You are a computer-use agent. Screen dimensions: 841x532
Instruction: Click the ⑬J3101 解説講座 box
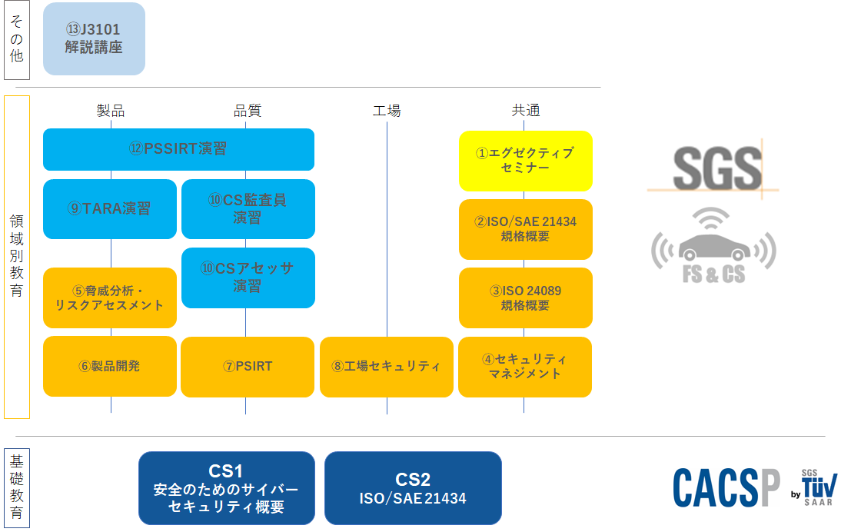pyautogui.click(x=94, y=38)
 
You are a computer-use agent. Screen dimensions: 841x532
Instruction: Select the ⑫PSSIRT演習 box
pyautogui.click(x=178, y=149)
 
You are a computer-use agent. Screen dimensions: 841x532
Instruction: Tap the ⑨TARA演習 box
pyautogui.click(x=110, y=208)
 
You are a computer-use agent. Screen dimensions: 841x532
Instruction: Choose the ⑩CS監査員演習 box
pyautogui.click(x=248, y=208)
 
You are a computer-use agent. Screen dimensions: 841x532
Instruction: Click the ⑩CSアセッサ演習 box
pyautogui.click(x=248, y=278)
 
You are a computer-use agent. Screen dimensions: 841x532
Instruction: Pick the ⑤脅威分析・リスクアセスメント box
pyautogui.click(x=110, y=298)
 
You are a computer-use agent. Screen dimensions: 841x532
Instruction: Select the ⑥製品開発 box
pyautogui.click(x=110, y=366)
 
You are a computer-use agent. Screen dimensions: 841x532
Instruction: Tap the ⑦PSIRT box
pyautogui.click(x=248, y=367)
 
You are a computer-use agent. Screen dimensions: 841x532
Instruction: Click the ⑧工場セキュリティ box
pyautogui.click(x=387, y=367)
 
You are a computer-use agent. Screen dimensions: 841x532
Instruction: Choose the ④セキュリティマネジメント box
pyautogui.click(x=525, y=367)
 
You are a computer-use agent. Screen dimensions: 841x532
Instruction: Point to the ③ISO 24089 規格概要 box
pyautogui.click(x=526, y=298)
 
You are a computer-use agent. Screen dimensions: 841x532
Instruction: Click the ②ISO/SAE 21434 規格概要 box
pyautogui.click(x=526, y=230)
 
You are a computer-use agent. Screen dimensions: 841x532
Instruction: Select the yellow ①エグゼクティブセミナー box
pyautogui.click(x=526, y=161)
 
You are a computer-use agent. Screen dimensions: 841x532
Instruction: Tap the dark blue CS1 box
pyautogui.click(x=227, y=488)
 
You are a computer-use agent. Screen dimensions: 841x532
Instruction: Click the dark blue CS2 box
pyautogui.click(x=413, y=488)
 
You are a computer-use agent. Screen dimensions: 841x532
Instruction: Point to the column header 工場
pyautogui.click(x=387, y=111)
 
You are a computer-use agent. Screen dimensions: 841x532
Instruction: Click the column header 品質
pyautogui.click(x=248, y=111)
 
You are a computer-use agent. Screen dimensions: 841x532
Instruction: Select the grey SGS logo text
pyautogui.click(x=717, y=168)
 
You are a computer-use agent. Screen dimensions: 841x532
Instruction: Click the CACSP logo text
pyautogui.click(x=726, y=487)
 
